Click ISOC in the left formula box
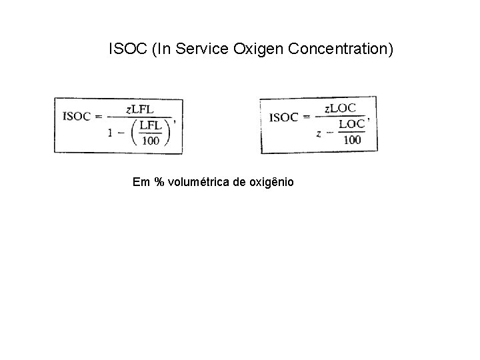pos(77,116)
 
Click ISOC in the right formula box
pos(283,117)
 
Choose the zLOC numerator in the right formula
pos(341,107)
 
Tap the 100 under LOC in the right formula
pos(352,139)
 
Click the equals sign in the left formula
pos(97,116)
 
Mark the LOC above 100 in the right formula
pos(352,124)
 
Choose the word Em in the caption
pos(141,182)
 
